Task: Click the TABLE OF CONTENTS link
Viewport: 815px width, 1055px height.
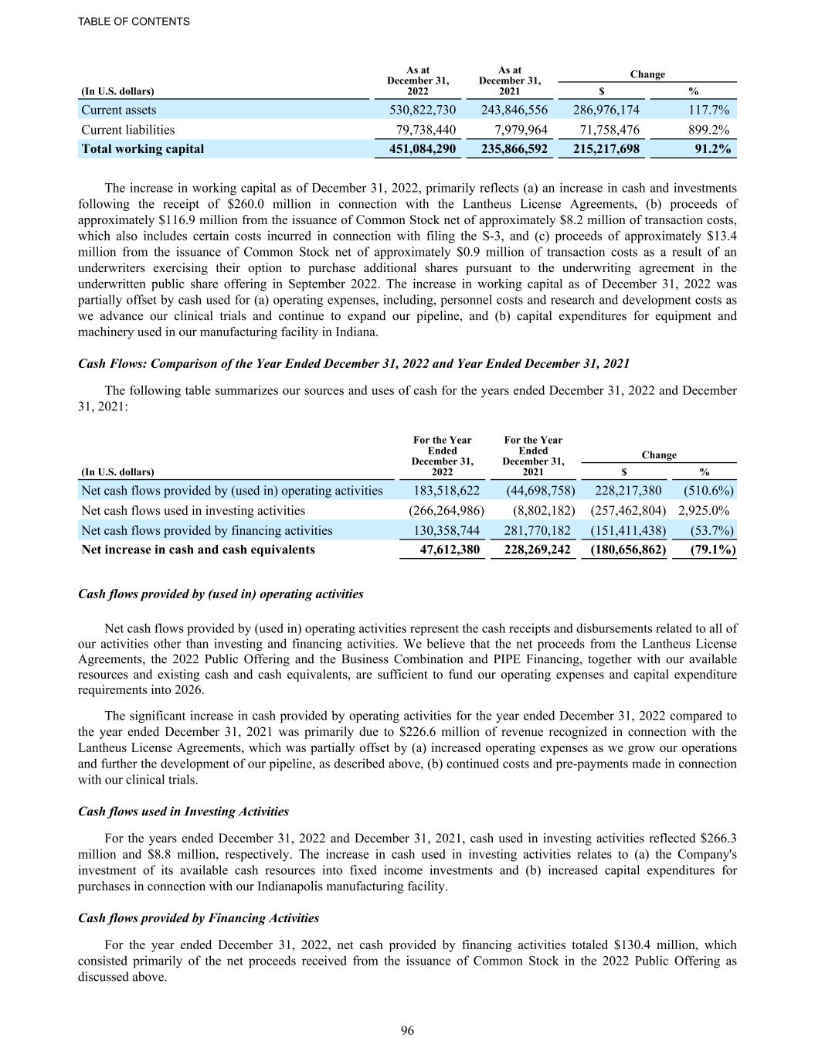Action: (134, 22)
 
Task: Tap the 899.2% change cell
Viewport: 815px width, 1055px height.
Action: (708, 130)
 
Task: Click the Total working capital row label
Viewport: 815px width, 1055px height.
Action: (143, 149)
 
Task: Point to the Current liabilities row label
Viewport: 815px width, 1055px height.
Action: (128, 130)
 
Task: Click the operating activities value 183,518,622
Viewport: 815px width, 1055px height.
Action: (447, 491)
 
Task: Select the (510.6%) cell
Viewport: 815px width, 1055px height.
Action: (708, 491)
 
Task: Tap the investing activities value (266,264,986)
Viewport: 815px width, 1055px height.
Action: (446, 511)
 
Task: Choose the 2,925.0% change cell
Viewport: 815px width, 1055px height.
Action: (704, 511)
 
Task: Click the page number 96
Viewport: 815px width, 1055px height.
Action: (407, 1030)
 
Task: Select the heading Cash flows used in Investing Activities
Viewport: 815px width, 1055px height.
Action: (184, 812)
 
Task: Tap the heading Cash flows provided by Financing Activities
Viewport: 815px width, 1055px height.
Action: (199, 918)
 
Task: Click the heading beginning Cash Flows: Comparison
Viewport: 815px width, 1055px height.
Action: (354, 363)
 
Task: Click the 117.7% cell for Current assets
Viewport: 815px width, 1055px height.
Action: (708, 110)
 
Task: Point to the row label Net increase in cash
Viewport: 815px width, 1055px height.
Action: (199, 550)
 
